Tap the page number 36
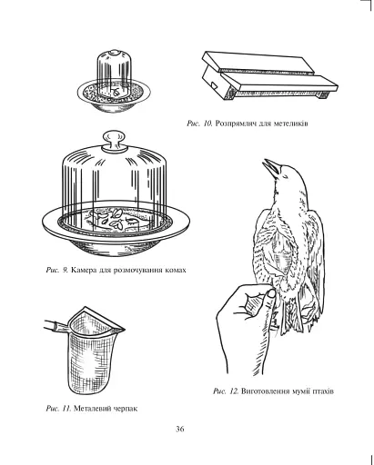pos(180,429)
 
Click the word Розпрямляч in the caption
pos(236,124)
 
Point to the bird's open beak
pos(270,167)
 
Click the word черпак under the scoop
pos(126,409)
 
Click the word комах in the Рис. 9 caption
pos(176,270)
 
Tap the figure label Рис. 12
pos(226,391)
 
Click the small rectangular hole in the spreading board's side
pos(214,85)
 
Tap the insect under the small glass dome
pos(116,91)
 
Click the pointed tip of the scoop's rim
pos(125,330)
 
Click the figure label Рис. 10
pos(199,124)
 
